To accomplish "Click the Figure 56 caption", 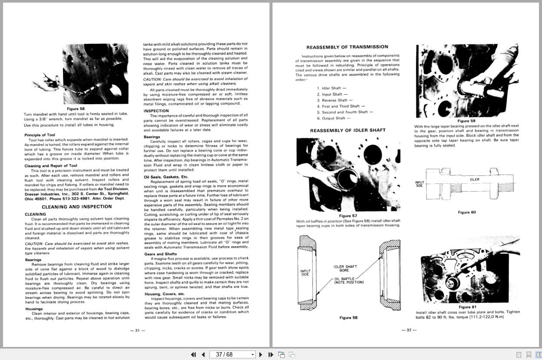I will click(76, 109).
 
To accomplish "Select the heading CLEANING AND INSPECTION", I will click(76, 207).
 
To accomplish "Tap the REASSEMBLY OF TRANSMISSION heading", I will click(347, 47).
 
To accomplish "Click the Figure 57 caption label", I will click(348, 216).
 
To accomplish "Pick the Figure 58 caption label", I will click(348, 317).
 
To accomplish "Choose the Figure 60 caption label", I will click(467, 212).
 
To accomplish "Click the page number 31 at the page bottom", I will click(137, 330).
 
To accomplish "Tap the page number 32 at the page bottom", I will click(408, 330).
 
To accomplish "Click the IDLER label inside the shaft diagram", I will click(474, 179).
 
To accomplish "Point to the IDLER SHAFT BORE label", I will click(345, 268).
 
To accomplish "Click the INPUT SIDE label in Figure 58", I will click(305, 272).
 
